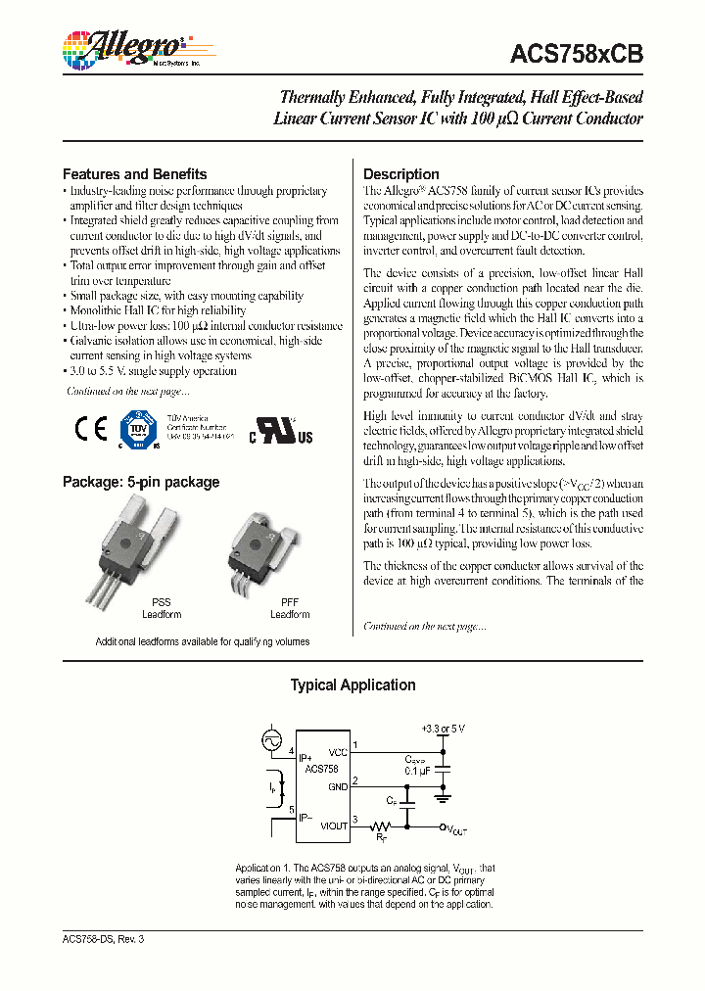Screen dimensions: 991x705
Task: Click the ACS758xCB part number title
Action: [x=577, y=56]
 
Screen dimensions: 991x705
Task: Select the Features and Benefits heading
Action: [x=135, y=173]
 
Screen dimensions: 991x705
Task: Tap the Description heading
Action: [x=401, y=174]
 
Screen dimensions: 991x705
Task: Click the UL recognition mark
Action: [x=279, y=433]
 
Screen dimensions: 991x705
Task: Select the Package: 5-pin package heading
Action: [x=141, y=482]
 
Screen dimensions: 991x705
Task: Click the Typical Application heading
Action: [x=352, y=685]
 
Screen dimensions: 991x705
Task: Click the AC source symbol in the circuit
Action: [x=271, y=742]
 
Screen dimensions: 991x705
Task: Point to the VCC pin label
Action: [x=338, y=752]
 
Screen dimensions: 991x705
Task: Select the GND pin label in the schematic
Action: [x=338, y=786]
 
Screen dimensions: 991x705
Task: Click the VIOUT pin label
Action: [x=334, y=826]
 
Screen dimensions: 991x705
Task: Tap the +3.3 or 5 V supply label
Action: [x=444, y=730]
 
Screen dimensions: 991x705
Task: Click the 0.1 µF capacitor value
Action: [x=419, y=771]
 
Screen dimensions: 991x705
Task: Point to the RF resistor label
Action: [x=382, y=838]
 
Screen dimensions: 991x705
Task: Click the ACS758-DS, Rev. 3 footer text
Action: [x=103, y=939]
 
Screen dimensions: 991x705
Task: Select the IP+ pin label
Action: [x=305, y=759]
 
